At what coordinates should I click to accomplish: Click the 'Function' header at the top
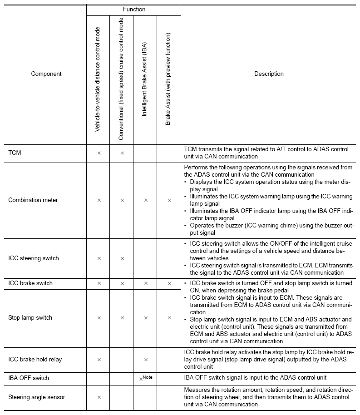click(134, 9)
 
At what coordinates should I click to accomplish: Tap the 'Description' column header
click(269, 74)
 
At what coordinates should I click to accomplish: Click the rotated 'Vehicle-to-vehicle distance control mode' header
click(98, 80)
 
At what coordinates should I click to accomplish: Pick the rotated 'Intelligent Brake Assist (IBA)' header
click(145, 80)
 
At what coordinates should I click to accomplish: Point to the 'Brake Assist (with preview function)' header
click(168, 79)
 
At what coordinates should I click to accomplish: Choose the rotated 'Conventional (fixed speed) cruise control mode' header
click(122, 80)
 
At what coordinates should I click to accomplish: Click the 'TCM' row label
click(15, 153)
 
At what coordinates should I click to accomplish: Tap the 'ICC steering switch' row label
click(33, 258)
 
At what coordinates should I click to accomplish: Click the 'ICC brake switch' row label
click(30, 283)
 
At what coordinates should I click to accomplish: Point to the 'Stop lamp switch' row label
click(30, 318)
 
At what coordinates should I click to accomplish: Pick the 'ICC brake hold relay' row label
click(35, 360)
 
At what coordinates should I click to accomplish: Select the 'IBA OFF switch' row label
click(29, 378)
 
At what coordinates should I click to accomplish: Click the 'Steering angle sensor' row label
click(36, 397)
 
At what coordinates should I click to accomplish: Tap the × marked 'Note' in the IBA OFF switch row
click(142, 379)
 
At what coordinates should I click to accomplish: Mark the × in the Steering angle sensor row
click(99, 398)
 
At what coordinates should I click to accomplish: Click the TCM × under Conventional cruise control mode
click(122, 153)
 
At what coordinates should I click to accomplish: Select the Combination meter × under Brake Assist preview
click(169, 200)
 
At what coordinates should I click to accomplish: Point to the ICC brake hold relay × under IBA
click(145, 360)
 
